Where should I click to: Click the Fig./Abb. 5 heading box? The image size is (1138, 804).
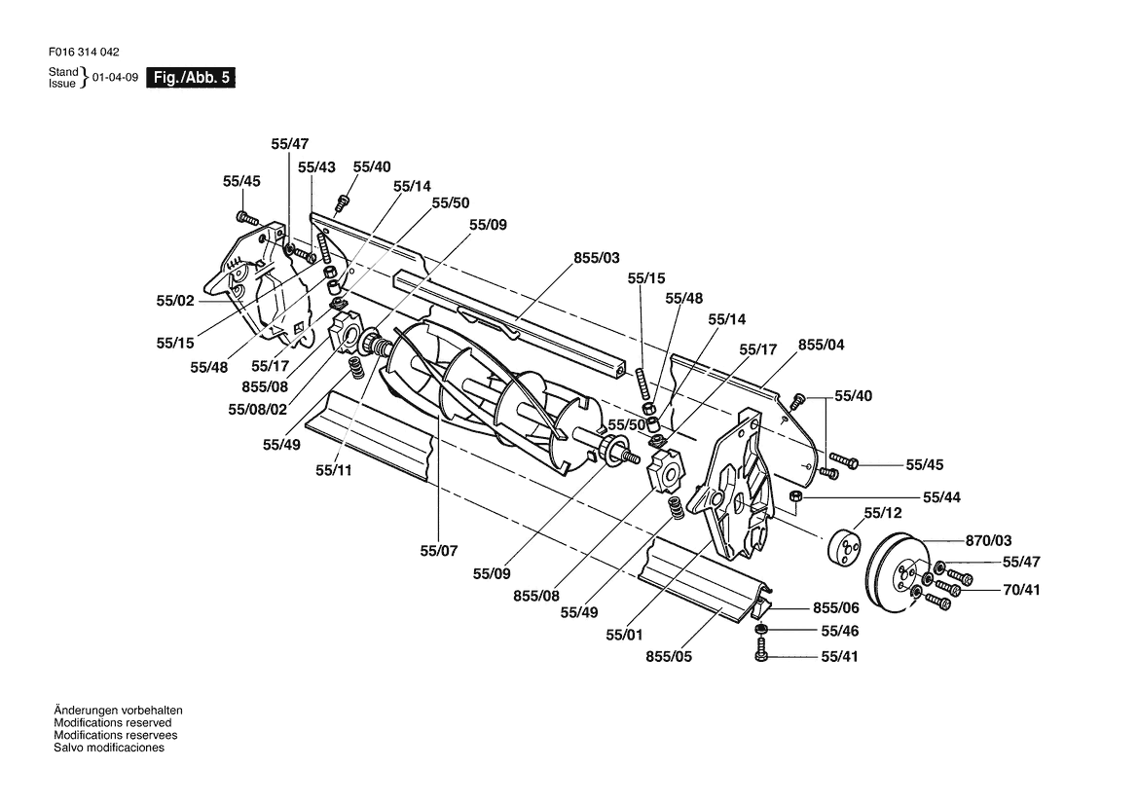pos(191,78)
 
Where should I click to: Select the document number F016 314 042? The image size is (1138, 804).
pos(84,53)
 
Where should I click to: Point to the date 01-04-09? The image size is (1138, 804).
pos(116,78)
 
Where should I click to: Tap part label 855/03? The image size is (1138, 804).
pos(597,258)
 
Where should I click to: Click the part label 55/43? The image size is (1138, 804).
pos(316,167)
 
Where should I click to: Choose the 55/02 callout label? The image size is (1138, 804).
pos(175,301)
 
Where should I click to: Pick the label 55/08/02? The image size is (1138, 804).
pos(258,410)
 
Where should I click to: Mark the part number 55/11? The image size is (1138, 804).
pos(334,471)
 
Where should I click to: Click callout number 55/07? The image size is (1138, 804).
pos(439,552)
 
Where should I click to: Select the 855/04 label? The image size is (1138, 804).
pos(822,346)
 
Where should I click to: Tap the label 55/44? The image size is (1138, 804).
pos(942,497)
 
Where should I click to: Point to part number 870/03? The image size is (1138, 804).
pos(988,541)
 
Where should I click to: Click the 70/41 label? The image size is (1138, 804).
pos(1022,591)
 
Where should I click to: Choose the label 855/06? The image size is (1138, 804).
pos(836,608)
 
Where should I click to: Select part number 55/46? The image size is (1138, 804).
pos(840,632)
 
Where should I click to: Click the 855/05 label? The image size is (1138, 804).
pos(669,657)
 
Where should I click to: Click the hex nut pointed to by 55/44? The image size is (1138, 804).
pos(794,496)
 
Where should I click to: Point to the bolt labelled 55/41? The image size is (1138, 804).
pos(761,649)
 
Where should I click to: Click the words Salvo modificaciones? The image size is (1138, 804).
pos(109,749)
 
